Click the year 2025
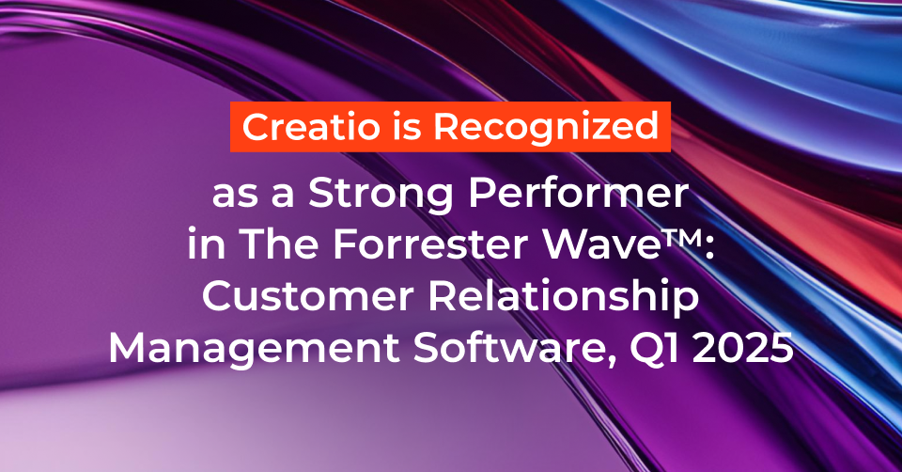(747, 351)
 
